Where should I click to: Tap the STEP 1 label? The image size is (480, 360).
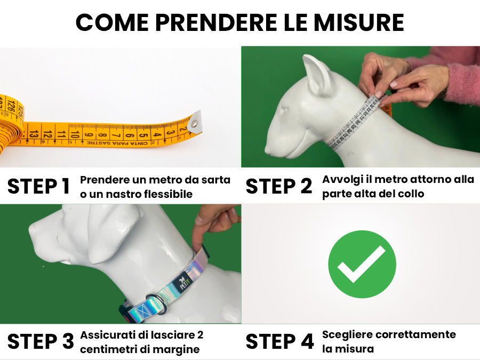[x=38, y=186]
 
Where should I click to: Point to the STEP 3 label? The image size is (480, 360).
[x=41, y=341]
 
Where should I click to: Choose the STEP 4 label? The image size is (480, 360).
[x=280, y=341]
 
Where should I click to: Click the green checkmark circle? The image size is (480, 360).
[x=362, y=264]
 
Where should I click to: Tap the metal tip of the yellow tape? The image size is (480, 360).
[x=195, y=123]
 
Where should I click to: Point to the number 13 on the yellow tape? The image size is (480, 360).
[x=34, y=134]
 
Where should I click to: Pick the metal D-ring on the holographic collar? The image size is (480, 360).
[x=157, y=303]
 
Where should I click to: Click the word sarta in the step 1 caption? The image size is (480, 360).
[x=215, y=180]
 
